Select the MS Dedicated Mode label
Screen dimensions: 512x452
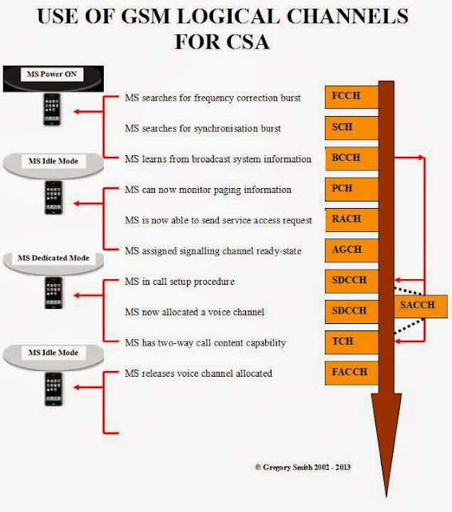coord(55,258)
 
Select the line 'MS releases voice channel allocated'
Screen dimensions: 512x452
coord(199,373)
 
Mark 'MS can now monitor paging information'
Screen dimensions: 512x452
coord(208,190)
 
